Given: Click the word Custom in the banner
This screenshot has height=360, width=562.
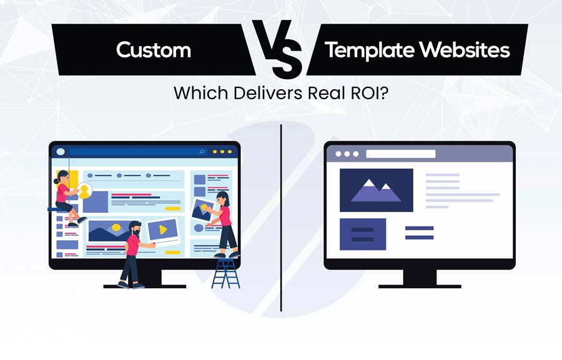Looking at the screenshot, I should pyautogui.click(x=154, y=50).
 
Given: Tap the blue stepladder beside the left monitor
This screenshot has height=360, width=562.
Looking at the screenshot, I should pyautogui.click(x=225, y=272).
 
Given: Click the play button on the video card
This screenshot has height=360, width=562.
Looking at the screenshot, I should pyautogui.click(x=163, y=230).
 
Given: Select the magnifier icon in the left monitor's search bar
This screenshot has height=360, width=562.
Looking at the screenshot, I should pyautogui.click(x=202, y=152).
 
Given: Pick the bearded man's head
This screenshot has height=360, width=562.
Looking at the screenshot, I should pyautogui.click(x=135, y=226).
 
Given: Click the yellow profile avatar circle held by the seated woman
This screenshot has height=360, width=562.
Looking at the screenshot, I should pyautogui.click(x=84, y=190).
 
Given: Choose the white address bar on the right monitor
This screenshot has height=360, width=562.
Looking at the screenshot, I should pyautogui.click(x=400, y=153).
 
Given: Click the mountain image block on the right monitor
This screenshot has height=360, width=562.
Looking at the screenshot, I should pyautogui.click(x=376, y=190).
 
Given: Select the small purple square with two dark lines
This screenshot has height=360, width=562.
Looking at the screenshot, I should pyautogui.click(x=362, y=234).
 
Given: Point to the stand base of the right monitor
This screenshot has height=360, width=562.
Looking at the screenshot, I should pyautogui.click(x=419, y=285).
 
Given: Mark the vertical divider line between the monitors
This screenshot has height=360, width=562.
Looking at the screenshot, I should pyautogui.click(x=281, y=218).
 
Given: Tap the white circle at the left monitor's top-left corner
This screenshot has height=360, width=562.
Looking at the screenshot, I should pyautogui.click(x=61, y=152).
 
